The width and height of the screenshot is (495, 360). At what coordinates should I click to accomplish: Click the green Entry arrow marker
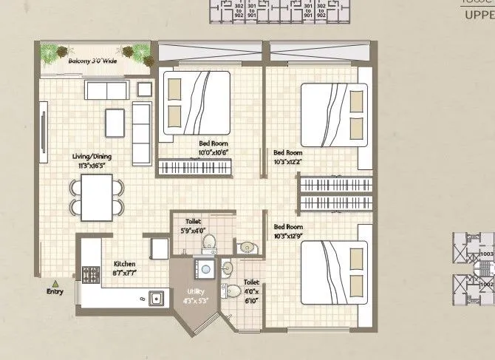(x=55, y=282)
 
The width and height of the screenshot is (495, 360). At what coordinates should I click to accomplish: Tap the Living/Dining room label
(x=91, y=157)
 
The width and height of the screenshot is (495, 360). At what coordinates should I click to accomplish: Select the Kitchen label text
(x=124, y=264)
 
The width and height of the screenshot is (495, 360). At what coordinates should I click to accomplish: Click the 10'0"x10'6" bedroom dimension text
(x=213, y=152)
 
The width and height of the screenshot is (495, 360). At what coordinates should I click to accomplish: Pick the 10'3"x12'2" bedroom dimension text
(x=289, y=160)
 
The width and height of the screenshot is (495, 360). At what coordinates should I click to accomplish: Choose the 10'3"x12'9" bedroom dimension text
(x=289, y=235)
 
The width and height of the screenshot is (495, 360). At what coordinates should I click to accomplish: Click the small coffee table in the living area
(x=115, y=122)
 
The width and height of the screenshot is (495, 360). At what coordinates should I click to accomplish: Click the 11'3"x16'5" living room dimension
(x=91, y=166)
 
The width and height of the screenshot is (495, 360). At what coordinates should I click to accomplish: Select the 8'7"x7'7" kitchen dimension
(x=124, y=272)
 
